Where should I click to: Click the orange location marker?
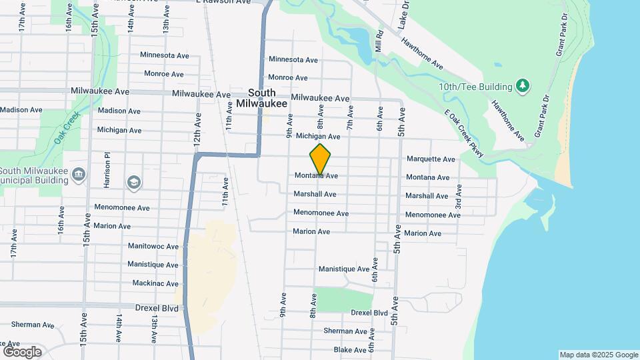(321, 159)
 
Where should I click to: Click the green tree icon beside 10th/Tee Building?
(523, 85)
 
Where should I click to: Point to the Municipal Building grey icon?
(79, 174)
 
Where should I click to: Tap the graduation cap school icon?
(133, 181)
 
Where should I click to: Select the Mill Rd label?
(379, 41)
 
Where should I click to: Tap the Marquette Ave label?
(430, 159)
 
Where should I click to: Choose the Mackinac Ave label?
(155, 283)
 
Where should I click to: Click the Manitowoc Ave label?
(153, 246)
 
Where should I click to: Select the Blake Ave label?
(349, 350)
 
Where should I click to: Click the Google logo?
(22, 351)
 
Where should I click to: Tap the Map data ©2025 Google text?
(598, 355)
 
